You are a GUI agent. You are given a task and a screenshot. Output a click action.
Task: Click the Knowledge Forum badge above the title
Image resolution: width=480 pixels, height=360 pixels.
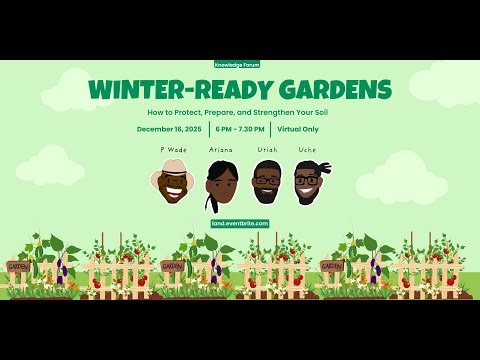[x=240, y=63]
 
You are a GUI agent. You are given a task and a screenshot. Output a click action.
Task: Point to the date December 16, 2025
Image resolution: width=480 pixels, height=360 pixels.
[x=170, y=129]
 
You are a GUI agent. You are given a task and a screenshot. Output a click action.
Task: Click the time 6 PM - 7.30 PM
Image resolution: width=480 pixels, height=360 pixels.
[x=239, y=129]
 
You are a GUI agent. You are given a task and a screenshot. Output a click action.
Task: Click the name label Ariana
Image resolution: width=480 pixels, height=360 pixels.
[x=221, y=149]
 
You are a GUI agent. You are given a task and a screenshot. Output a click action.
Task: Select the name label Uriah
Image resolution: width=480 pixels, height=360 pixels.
[x=267, y=149]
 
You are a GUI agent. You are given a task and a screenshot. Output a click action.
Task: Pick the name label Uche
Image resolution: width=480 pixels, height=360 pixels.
[x=307, y=149]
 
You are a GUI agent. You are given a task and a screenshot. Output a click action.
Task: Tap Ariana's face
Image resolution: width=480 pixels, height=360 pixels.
[x=221, y=186]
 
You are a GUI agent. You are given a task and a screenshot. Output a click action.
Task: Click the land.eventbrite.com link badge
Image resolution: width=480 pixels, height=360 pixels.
[x=240, y=223]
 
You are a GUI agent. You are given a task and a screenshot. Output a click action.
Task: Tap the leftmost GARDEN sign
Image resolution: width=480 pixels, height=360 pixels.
[x=18, y=267]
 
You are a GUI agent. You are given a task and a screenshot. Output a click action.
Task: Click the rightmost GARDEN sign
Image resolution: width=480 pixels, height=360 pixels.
[x=332, y=267]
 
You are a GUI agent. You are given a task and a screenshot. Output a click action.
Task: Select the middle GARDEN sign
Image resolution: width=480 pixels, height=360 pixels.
[x=173, y=267]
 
